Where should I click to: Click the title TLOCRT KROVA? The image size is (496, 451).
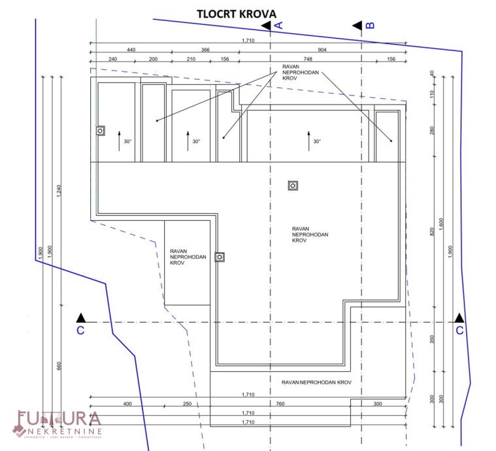pyautogui.click(x=236, y=13)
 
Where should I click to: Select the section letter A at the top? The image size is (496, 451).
pyautogui.click(x=278, y=25)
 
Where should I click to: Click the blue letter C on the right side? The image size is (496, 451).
pyautogui.click(x=459, y=331)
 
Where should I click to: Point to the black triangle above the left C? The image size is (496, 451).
pyautogui.click(x=80, y=317)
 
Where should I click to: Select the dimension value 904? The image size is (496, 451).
pyautogui.click(x=322, y=50)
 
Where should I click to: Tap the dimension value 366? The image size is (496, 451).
pyautogui.click(x=205, y=50)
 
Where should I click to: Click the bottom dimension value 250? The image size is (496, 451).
pyautogui.click(x=188, y=403)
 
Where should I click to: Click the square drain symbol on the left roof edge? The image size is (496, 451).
pyautogui.click(x=100, y=130)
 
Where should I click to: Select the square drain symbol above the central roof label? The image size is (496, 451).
pyautogui.click(x=293, y=186)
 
